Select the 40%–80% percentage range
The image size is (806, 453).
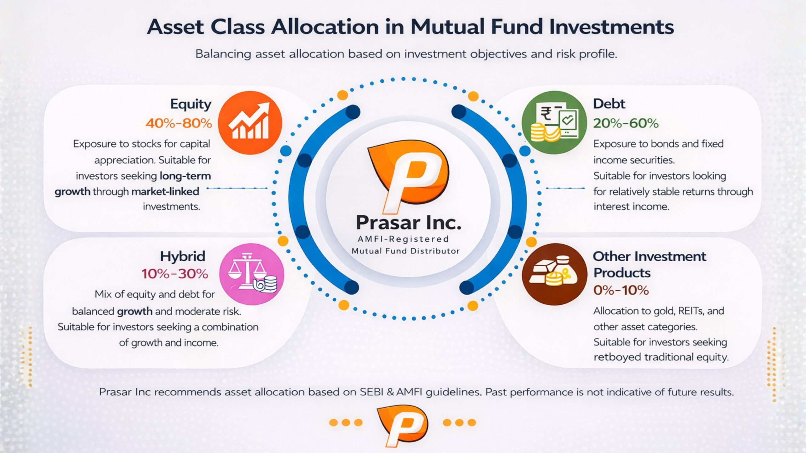pos(179,123)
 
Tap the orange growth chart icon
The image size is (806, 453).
pos(250,123)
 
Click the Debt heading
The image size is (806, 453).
pos(609,104)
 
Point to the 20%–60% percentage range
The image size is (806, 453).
pos(626,123)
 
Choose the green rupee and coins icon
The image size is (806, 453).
pos(554,122)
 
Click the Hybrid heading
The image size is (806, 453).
pos(183,256)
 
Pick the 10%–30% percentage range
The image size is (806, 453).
pos(175,274)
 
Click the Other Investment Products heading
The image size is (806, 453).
pos(650,264)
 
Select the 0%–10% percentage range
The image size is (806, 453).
pos(621,290)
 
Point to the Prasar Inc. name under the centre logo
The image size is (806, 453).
pos(408,223)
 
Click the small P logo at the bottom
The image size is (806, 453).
pos(402,426)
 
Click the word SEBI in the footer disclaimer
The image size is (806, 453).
pos(375,392)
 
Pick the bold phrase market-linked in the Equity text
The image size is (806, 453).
pos(165,191)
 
